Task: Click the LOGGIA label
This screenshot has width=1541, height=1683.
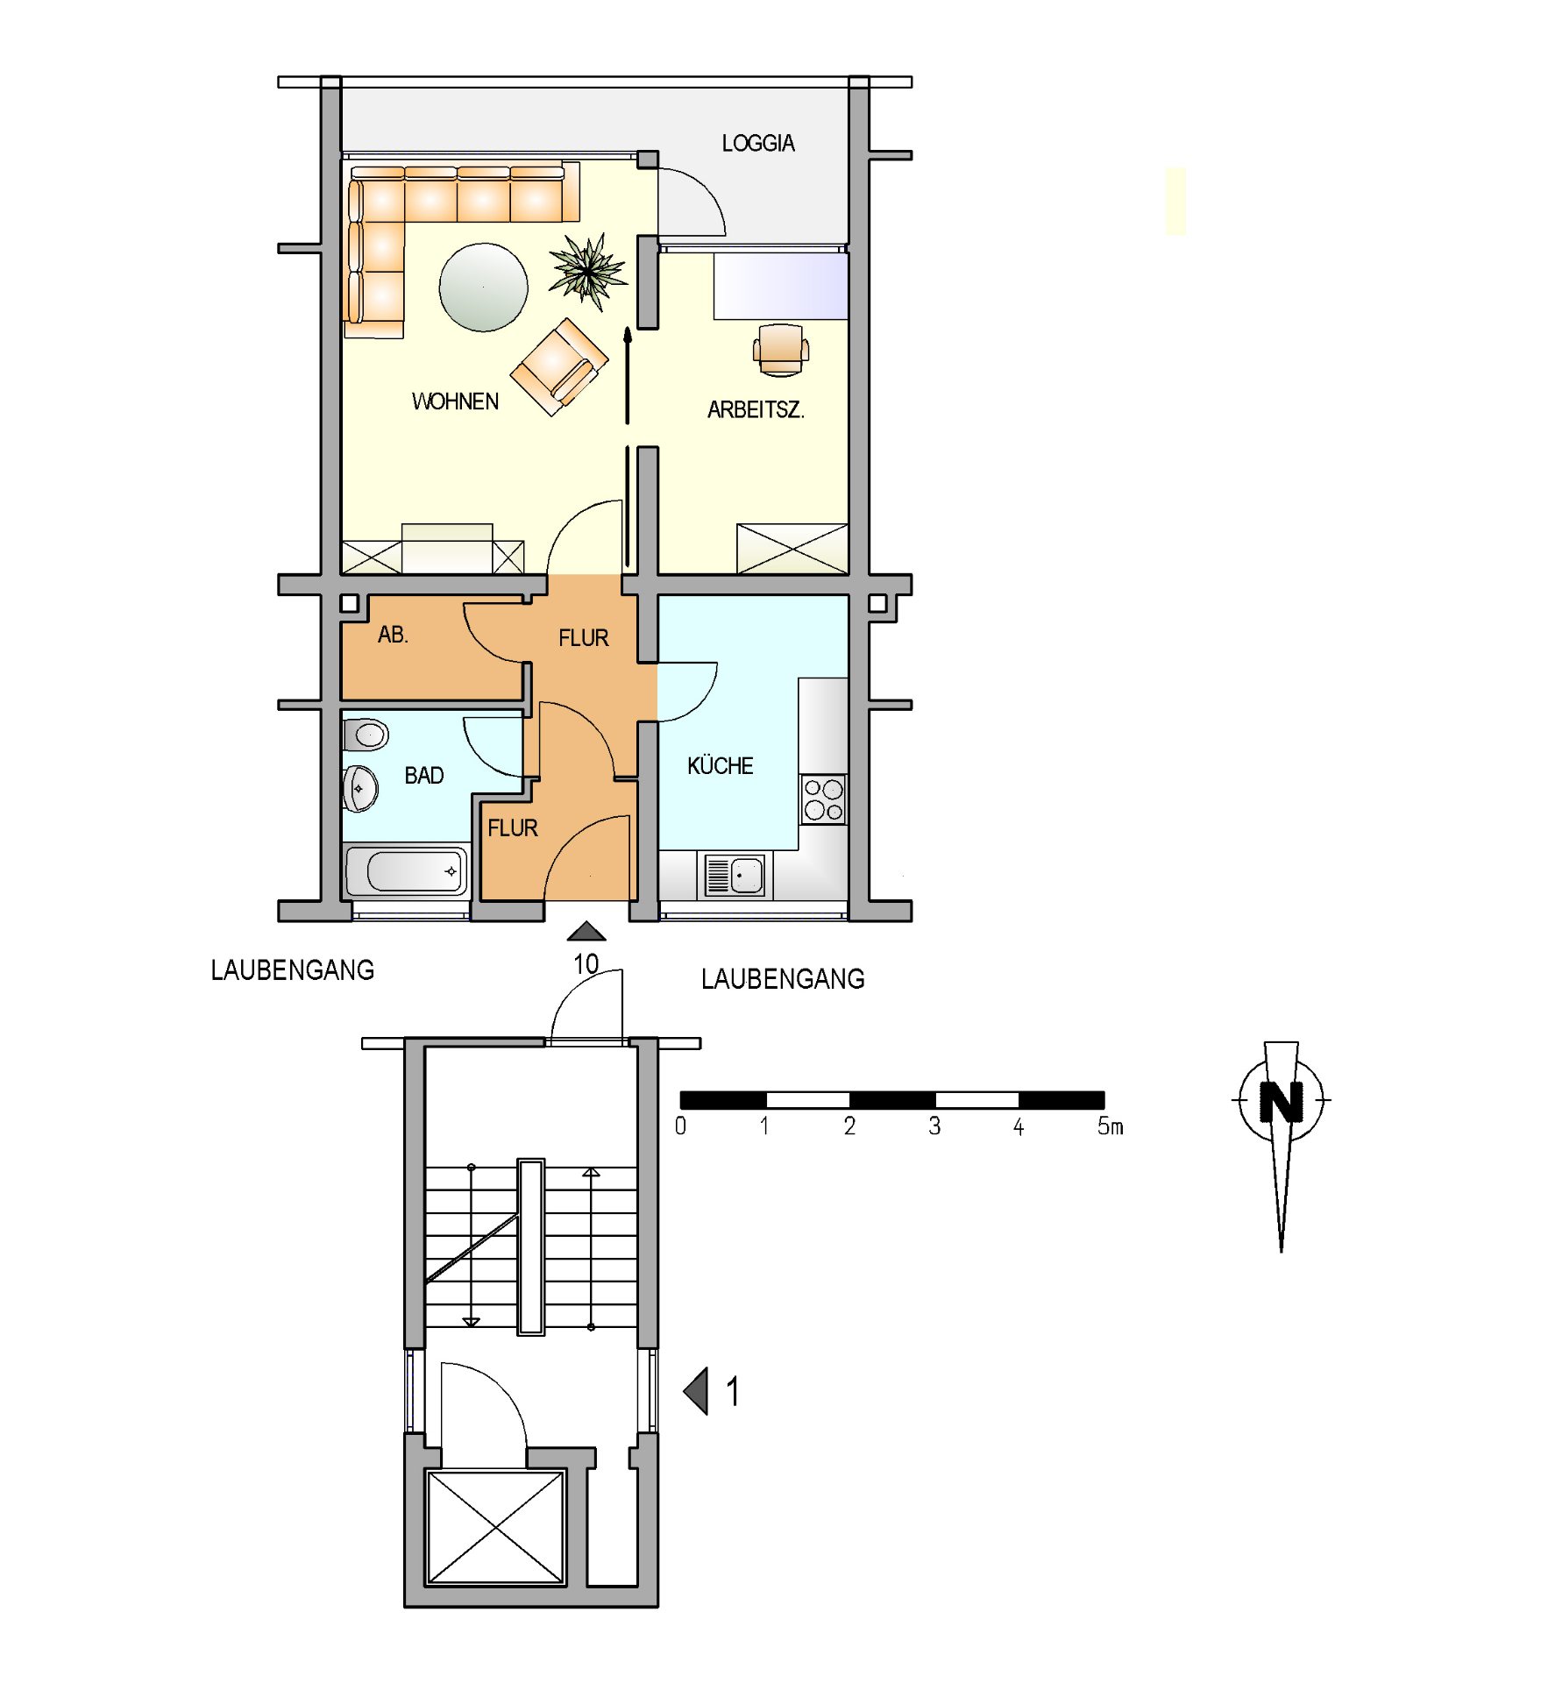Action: tap(758, 143)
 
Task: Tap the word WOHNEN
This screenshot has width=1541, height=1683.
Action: tap(455, 401)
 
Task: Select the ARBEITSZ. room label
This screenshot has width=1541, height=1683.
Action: tap(756, 409)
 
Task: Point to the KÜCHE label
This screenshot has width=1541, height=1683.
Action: tap(720, 765)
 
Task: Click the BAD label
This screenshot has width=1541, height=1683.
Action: tap(424, 776)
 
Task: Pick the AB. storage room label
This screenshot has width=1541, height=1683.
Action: tap(393, 635)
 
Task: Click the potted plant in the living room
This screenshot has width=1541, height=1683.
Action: tap(588, 271)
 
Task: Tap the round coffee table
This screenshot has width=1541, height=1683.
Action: tap(484, 288)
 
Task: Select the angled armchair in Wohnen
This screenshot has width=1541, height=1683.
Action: tap(559, 366)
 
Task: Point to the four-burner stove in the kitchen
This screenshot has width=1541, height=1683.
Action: tap(823, 799)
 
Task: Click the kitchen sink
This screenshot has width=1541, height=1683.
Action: tap(735, 875)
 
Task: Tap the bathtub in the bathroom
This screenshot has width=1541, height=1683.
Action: tap(407, 870)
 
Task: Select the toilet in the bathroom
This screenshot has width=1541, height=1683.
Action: tap(366, 735)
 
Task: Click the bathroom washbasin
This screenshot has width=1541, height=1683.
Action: tap(360, 788)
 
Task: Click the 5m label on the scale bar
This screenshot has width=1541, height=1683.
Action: tap(1110, 1126)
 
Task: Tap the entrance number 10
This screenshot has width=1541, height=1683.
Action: tap(586, 964)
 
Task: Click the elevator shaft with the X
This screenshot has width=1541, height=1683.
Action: tap(495, 1528)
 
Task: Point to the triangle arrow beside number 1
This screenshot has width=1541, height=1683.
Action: tap(696, 1391)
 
